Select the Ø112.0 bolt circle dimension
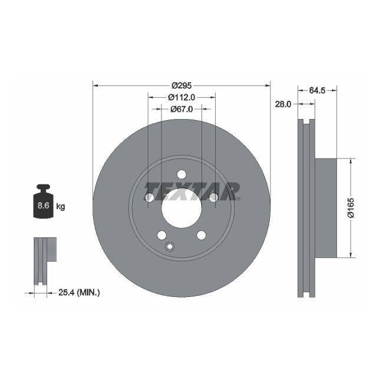tap(181, 97)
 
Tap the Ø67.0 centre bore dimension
tap(181, 109)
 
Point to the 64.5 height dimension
tap(317, 90)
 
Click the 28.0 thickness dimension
tap(283, 104)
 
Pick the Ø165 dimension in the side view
tap(351, 208)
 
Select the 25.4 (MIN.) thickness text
tap(80, 292)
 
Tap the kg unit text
tap(60, 206)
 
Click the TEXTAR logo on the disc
tap(192, 191)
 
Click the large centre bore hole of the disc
tap(181, 208)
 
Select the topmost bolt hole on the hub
tap(181, 174)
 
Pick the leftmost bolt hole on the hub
tap(149, 197)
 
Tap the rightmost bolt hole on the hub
tap(214, 197)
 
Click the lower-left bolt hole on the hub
tap(161, 235)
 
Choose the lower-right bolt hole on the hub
tap(202, 235)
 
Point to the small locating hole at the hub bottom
tap(170, 247)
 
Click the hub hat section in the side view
tap(325, 208)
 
